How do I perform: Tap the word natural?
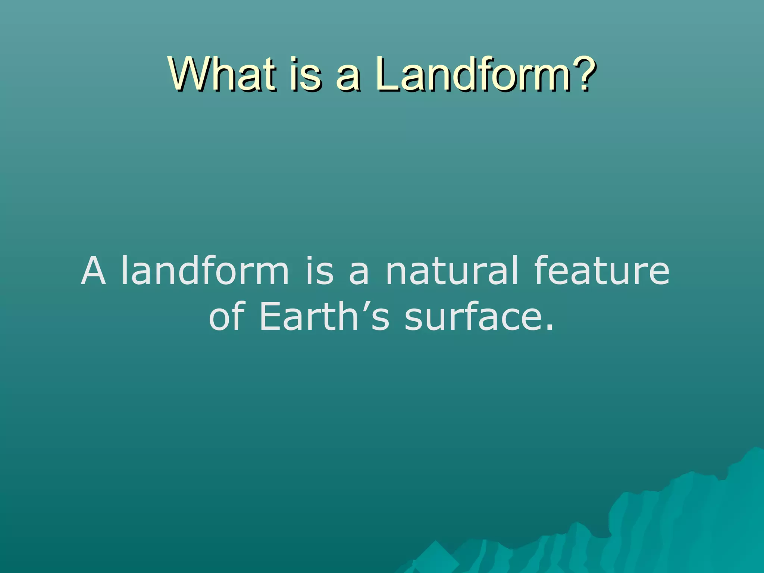[x=452, y=270]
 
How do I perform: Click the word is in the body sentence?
[x=319, y=270]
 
